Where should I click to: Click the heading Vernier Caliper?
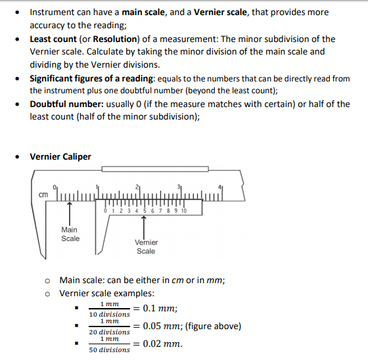pos(60,156)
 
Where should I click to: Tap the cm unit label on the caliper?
pos(41,194)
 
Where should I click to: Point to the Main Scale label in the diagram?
pos(70,234)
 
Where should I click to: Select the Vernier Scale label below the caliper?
pos(146,246)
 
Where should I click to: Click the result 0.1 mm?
pos(160,309)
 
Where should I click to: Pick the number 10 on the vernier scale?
pos(183,211)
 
